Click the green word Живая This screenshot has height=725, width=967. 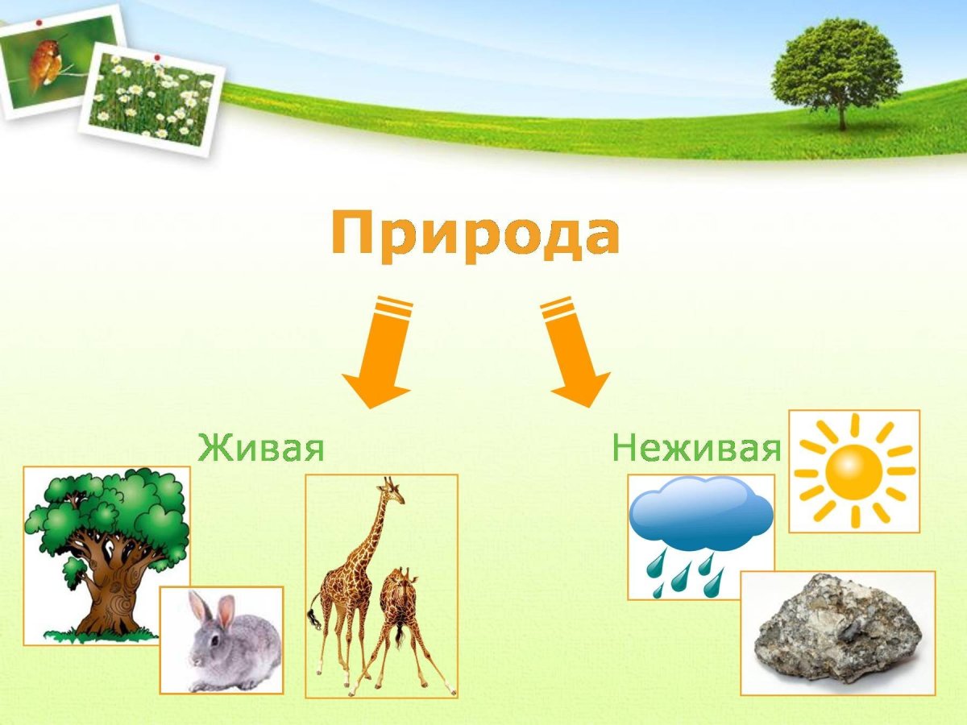(x=261, y=447)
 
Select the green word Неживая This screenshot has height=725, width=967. (x=696, y=447)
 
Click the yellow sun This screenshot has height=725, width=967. (x=854, y=471)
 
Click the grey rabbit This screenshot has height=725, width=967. (x=230, y=644)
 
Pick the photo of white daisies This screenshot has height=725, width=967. (x=153, y=101)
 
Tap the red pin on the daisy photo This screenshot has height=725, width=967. (x=157, y=57)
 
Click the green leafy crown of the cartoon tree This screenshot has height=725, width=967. (x=109, y=507)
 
